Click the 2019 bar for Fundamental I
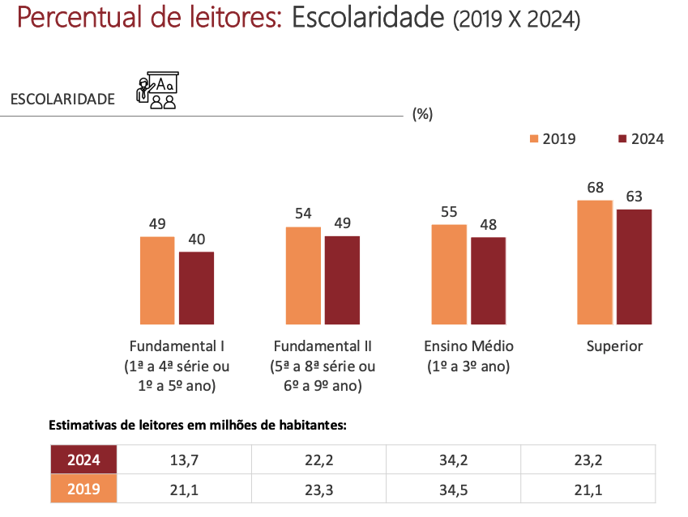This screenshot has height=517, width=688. click(157, 280)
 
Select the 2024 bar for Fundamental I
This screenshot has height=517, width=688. click(196, 287)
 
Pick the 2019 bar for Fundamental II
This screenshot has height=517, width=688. click(303, 275)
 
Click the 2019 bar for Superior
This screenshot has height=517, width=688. click(595, 261)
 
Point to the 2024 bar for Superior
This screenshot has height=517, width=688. click(634, 266)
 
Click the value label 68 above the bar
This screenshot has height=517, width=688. click(596, 188)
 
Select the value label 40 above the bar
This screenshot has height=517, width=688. click(197, 239)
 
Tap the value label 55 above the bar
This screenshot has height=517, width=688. click(449, 212)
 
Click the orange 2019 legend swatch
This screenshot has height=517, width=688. click(534, 138)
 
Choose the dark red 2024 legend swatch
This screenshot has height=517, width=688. click(622, 138)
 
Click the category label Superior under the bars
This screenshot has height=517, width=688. click(614, 346)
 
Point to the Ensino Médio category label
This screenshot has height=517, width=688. click(468, 346)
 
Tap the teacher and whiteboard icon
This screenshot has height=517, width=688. click(157, 91)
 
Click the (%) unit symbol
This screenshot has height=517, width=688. click(422, 114)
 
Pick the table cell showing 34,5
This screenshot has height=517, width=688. click(454, 489)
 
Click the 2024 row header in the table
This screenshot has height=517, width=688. click(83, 460)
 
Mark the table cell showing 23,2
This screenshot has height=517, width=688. click(588, 460)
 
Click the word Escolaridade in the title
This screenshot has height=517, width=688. click(368, 18)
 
